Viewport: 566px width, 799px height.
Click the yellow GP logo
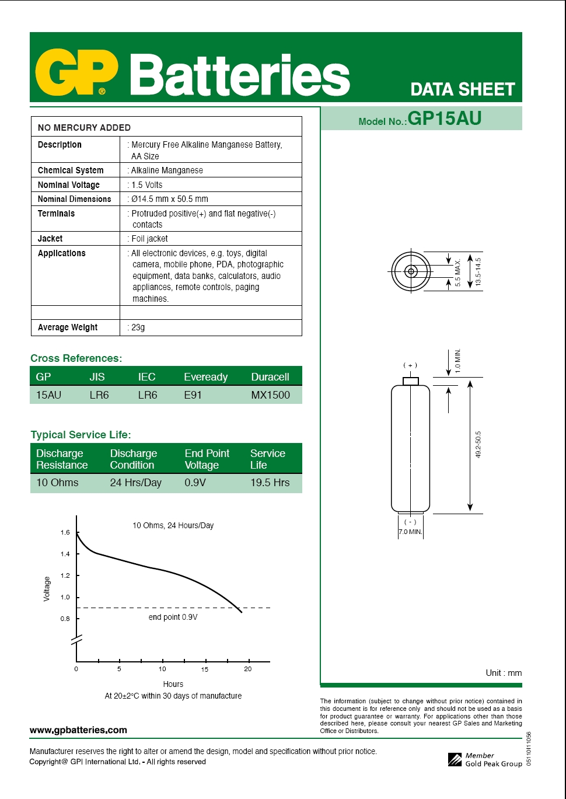coord(76,73)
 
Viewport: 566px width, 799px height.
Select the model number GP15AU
coord(444,118)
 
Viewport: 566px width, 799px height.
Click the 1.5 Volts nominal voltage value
coord(146,184)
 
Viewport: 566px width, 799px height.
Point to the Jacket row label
coord(50,238)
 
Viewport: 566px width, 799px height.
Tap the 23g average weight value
coord(138,327)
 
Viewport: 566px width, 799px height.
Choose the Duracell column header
coord(270,377)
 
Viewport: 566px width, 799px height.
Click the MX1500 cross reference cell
coord(270,395)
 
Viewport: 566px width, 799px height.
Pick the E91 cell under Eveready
coord(193,395)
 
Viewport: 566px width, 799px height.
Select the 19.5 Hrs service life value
coord(270,483)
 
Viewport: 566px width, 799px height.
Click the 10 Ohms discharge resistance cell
coord(57,483)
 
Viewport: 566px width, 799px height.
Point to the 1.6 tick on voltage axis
coord(65,532)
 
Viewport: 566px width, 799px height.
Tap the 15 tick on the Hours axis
coord(205,669)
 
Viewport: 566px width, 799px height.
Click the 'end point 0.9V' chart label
coord(173,617)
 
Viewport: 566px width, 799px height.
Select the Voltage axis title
coord(47,588)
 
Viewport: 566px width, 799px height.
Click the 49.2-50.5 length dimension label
coord(478,445)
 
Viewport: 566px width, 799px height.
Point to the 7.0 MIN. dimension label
coord(410,532)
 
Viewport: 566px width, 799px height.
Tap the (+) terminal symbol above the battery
coord(410,365)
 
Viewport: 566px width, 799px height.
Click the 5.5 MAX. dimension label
coord(458,273)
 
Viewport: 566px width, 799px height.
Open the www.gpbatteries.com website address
coord(78,730)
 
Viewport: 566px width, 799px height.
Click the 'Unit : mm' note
coord(504,673)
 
